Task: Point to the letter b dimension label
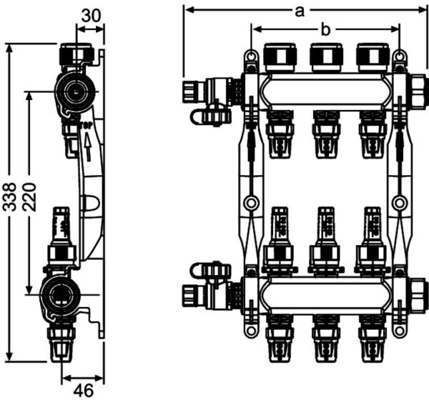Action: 325,29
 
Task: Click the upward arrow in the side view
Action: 87,149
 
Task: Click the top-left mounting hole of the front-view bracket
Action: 250,57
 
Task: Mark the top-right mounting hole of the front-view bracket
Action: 400,57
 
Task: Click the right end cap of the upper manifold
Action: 418,89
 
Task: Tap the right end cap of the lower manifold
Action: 418,293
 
